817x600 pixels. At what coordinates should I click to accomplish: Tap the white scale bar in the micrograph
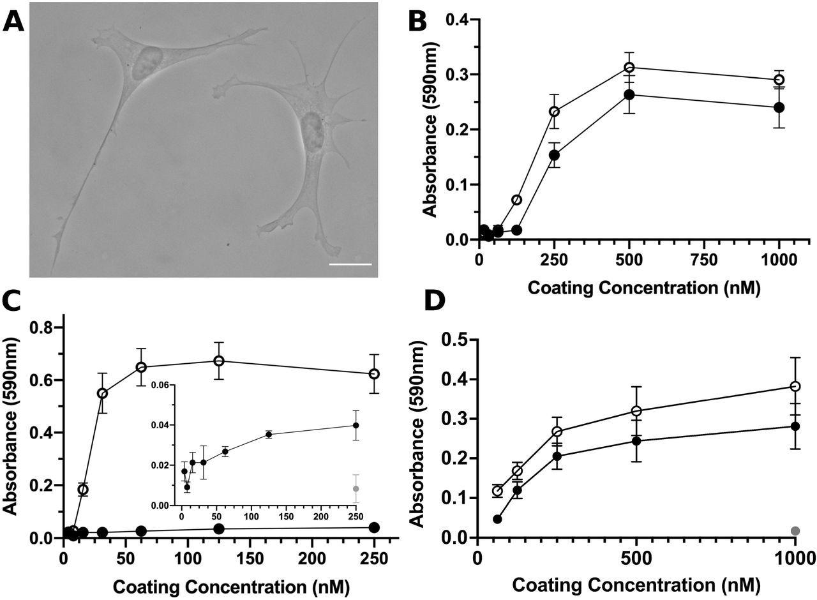coord(350,263)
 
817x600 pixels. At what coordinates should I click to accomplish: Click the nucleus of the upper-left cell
coord(148,62)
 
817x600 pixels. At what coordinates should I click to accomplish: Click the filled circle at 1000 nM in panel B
coord(779,107)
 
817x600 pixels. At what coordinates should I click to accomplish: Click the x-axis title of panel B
coord(645,287)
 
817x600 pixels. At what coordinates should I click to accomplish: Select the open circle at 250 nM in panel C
coord(374,373)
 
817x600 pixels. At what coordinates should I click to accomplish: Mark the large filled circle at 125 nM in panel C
coord(219,529)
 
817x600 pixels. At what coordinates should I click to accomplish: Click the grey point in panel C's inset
coord(356,488)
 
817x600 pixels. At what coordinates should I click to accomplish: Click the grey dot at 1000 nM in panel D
coord(795,531)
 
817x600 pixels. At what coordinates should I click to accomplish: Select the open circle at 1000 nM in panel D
coord(795,386)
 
